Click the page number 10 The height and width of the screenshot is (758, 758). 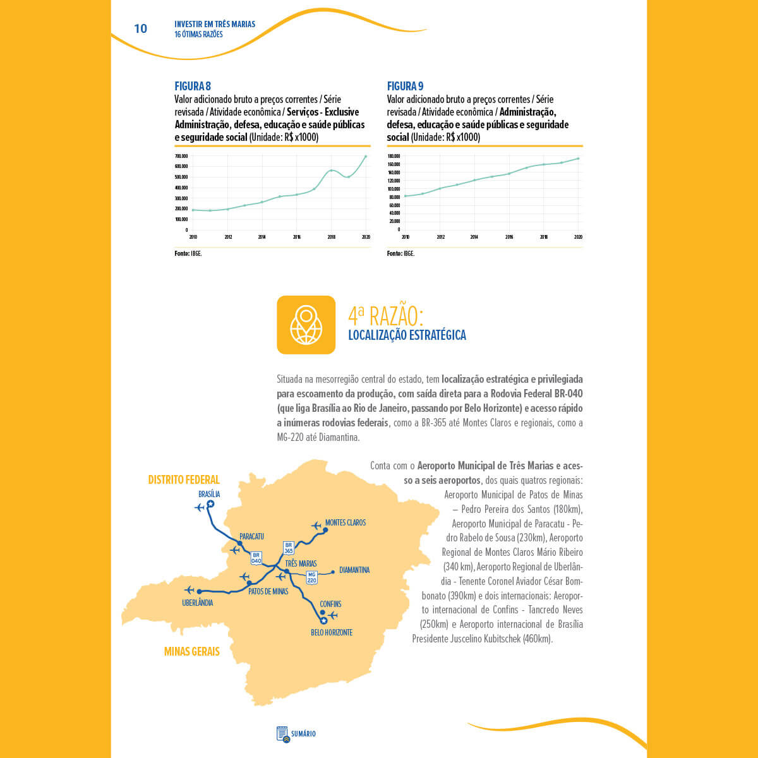click(x=140, y=28)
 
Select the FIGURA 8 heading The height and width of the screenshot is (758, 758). click(x=193, y=86)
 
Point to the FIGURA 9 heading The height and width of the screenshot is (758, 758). click(x=405, y=86)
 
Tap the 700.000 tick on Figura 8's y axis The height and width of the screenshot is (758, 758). click(x=181, y=156)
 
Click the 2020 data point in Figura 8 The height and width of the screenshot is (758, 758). click(x=365, y=157)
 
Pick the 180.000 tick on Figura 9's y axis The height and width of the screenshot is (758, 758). click(x=394, y=156)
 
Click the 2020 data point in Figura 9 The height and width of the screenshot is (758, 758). click(x=578, y=159)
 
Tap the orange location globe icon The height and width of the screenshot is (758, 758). click(x=306, y=325)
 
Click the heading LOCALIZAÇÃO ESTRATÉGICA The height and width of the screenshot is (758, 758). click(x=407, y=335)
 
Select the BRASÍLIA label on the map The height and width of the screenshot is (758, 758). click(x=209, y=494)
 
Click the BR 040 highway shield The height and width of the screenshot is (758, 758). click(x=256, y=558)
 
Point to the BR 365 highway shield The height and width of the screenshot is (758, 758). click(x=289, y=548)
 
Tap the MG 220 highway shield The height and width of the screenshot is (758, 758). click(x=311, y=577)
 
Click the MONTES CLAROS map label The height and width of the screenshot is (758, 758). click(x=345, y=522)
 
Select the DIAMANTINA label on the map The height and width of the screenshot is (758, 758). click(x=354, y=570)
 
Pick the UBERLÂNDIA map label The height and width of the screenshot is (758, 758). click(x=197, y=603)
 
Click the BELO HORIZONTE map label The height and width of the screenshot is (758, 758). click(x=332, y=632)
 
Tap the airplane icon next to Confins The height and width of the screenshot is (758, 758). click(x=334, y=615)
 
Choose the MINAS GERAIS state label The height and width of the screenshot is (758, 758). click(x=191, y=651)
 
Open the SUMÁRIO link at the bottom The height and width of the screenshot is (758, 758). click(x=296, y=733)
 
